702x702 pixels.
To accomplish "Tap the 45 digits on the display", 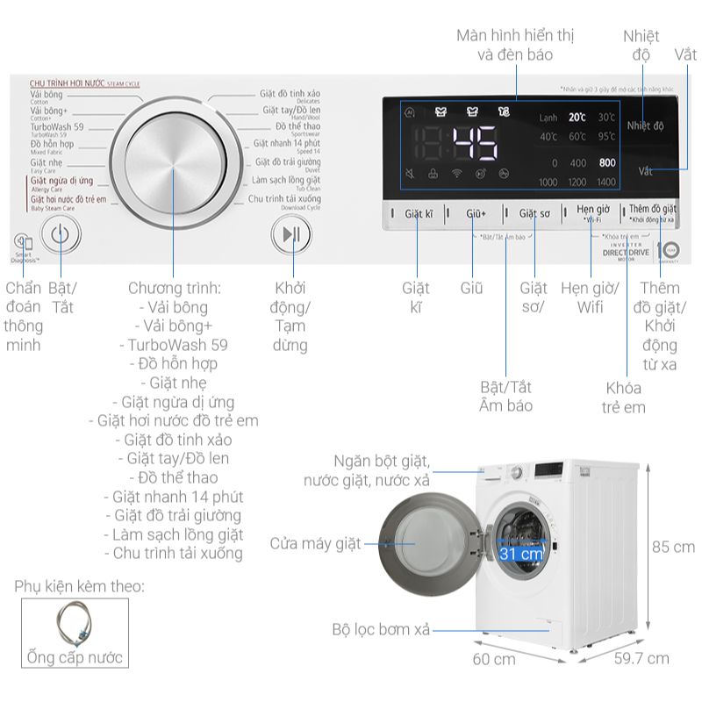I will point(474,142).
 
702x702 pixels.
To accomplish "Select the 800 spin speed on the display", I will point(606,163).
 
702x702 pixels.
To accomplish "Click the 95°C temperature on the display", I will point(606,137).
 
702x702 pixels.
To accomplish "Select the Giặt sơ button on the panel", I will point(534,213).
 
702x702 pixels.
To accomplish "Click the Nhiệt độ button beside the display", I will point(646,126).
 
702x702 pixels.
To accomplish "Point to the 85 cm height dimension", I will point(672,547).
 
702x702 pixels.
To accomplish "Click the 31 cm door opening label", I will point(519,554).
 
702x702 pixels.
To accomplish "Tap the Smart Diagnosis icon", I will point(23,243).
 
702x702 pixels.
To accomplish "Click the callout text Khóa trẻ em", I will point(623,398).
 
